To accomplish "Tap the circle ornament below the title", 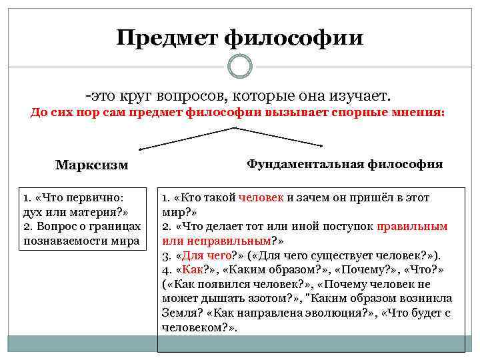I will tap(239, 66).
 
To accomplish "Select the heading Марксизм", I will tap(92, 165).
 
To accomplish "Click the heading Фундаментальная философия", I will tap(345, 163).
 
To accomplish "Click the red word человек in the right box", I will tap(265, 198).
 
